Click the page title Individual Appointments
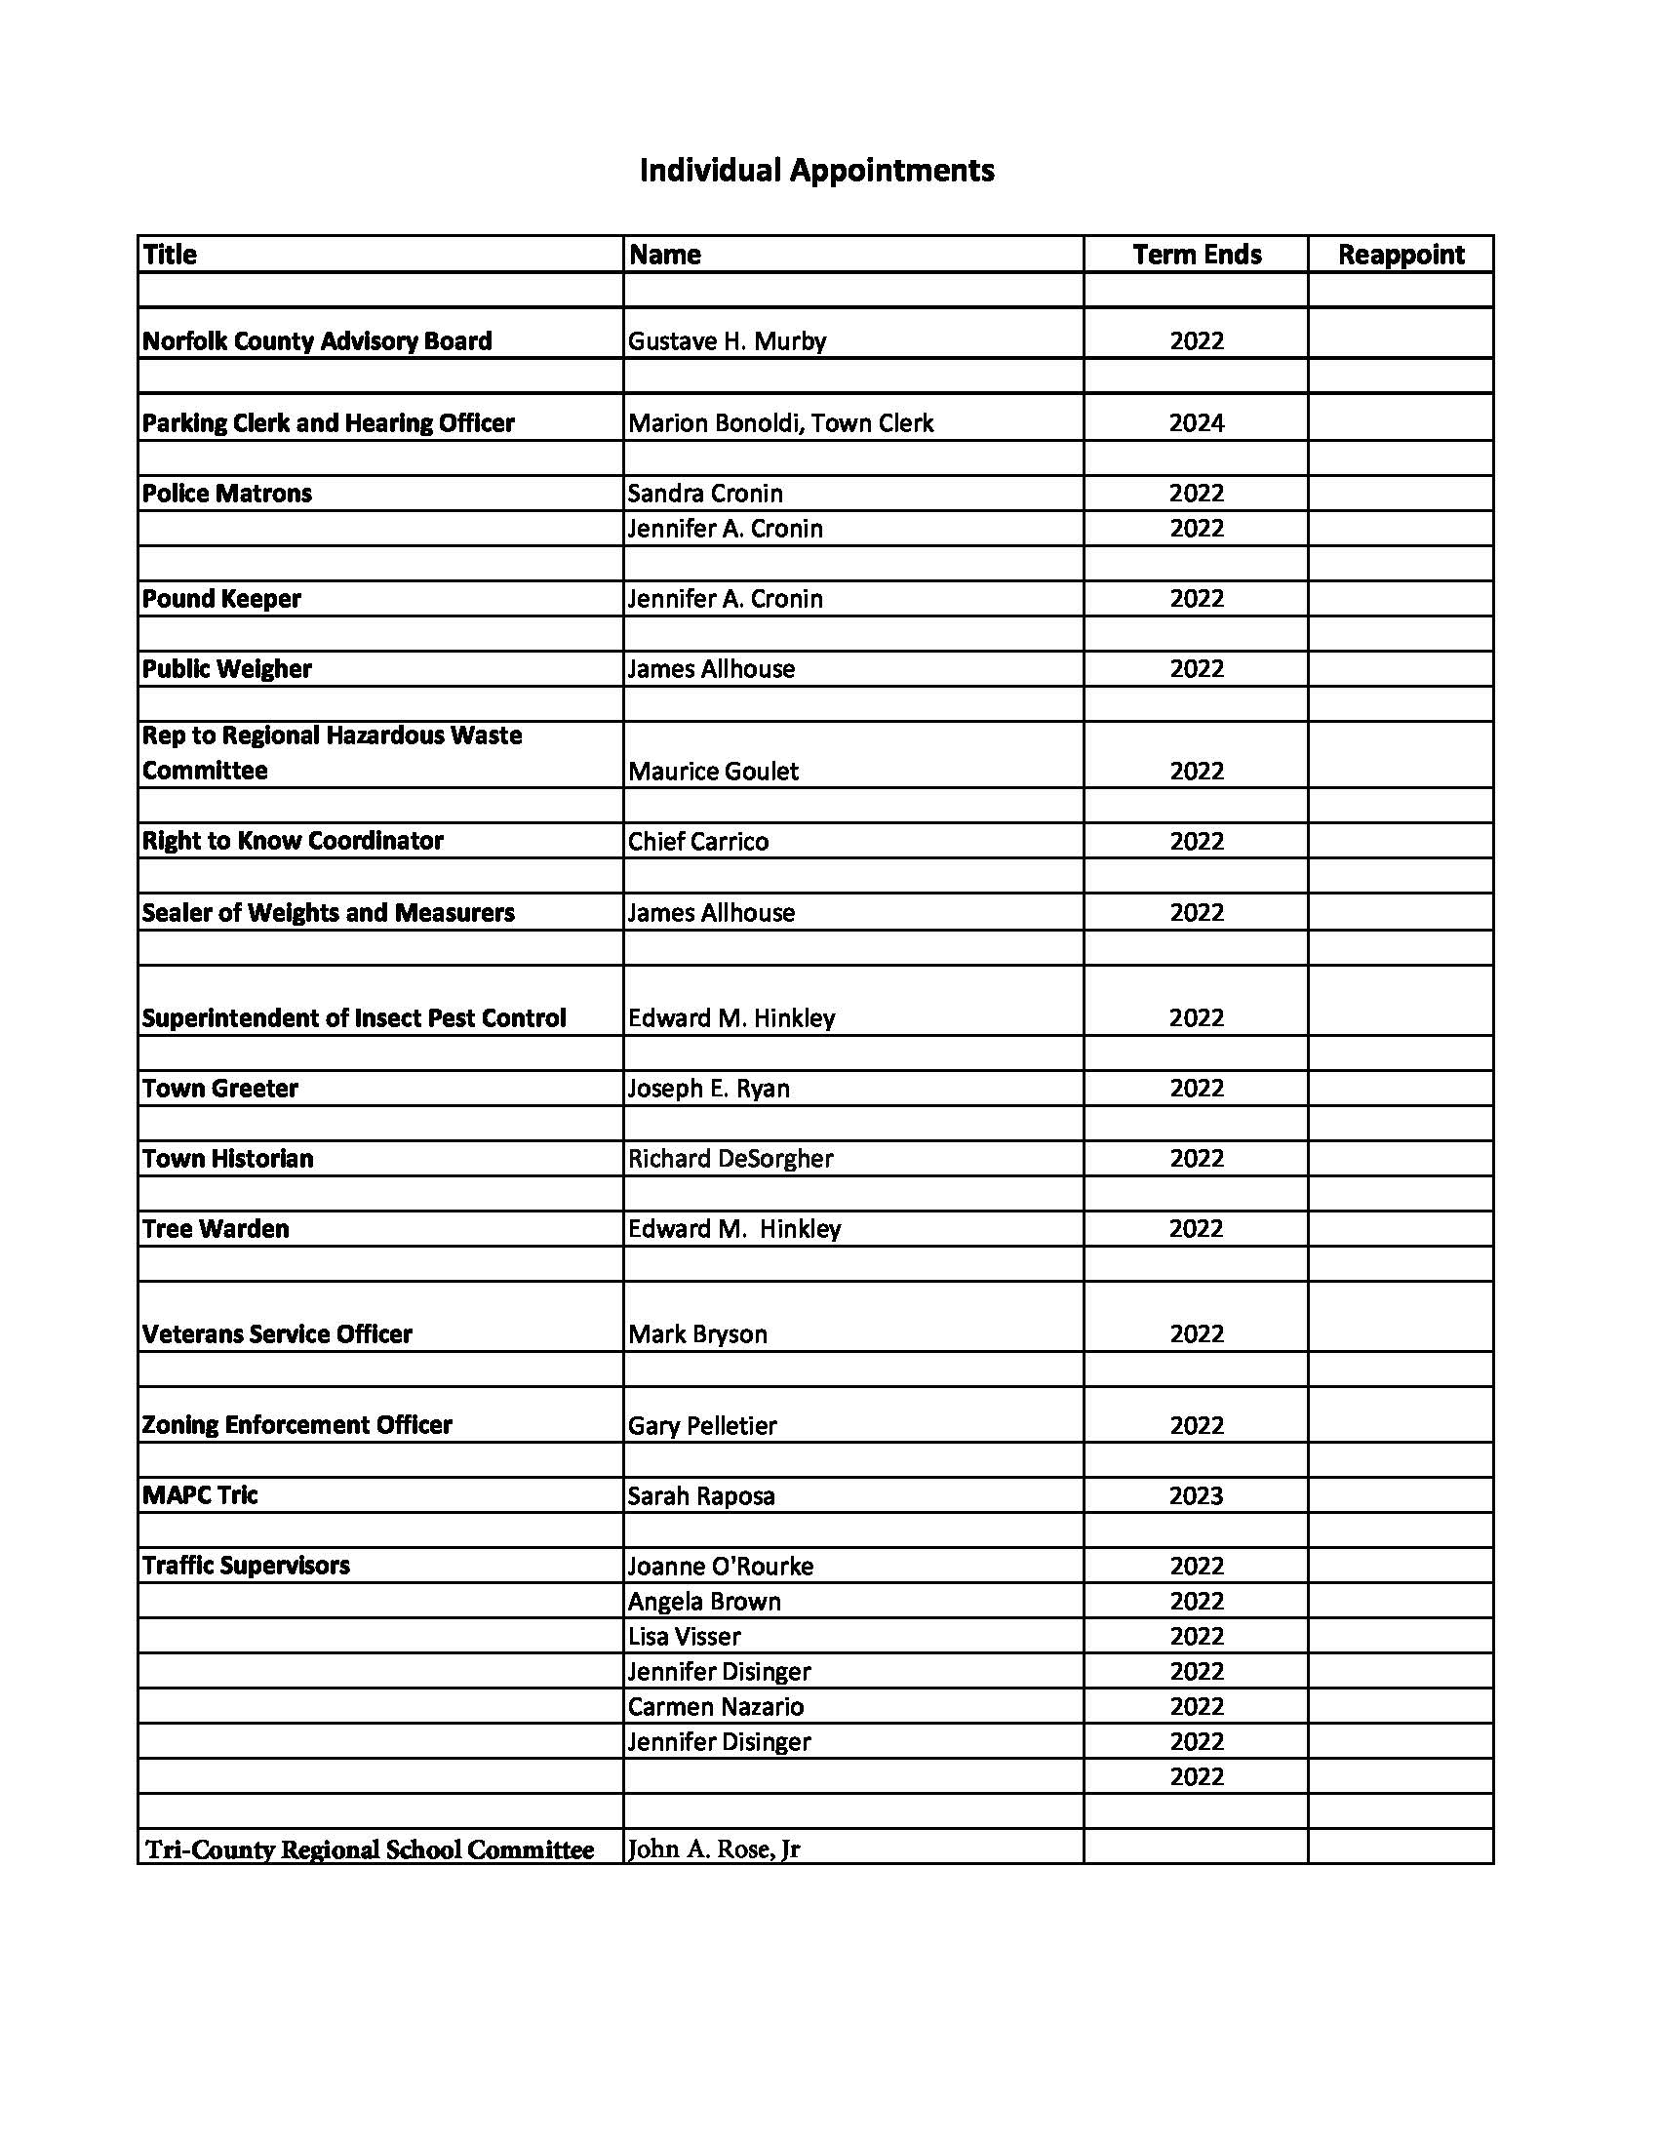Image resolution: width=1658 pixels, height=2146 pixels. (x=816, y=171)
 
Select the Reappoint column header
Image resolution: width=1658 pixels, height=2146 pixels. (x=1400, y=255)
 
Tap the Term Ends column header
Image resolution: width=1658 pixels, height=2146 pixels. (x=1196, y=255)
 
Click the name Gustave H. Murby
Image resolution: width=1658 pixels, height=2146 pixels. (x=727, y=341)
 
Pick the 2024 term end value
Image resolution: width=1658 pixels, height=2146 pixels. (x=1196, y=423)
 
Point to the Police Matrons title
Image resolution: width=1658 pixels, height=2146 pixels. (x=227, y=494)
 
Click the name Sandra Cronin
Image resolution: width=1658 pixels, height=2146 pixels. (x=705, y=494)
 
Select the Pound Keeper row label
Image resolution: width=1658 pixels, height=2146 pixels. (x=222, y=598)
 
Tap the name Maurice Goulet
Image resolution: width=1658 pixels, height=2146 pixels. (x=713, y=772)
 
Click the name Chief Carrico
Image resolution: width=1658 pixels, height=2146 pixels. (x=698, y=841)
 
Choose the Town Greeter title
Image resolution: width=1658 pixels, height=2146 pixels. (x=220, y=1088)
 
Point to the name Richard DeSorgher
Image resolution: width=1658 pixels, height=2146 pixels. (x=730, y=1159)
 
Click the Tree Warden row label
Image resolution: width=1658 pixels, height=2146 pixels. (x=217, y=1229)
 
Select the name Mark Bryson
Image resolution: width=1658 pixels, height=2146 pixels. (x=697, y=1334)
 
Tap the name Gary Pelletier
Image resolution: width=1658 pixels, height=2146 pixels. (x=702, y=1426)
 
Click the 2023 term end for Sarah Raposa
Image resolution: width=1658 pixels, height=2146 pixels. (x=1196, y=1495)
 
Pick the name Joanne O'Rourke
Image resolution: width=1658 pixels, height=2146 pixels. (x=721, y=1567)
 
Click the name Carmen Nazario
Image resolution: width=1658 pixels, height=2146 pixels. (x=716, y=1707)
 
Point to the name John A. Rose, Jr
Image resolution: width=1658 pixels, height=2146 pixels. (x=714, y=1849)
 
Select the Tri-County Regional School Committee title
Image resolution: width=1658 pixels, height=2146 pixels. (x=370, y=1850)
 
